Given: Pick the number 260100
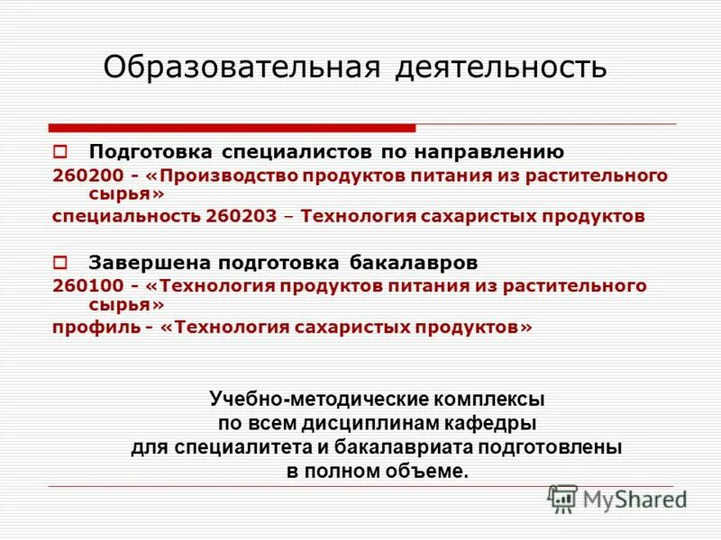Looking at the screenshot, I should [x=84, y=286].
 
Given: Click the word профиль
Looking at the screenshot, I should [x=91, y=328].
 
